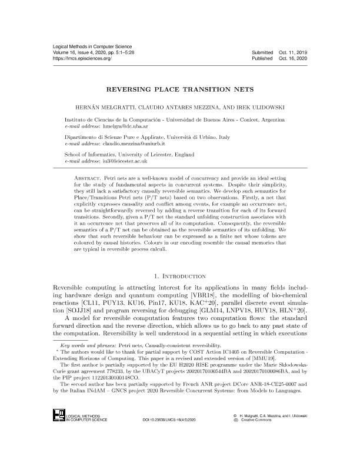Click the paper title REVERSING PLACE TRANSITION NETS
click(x=180, y=92)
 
